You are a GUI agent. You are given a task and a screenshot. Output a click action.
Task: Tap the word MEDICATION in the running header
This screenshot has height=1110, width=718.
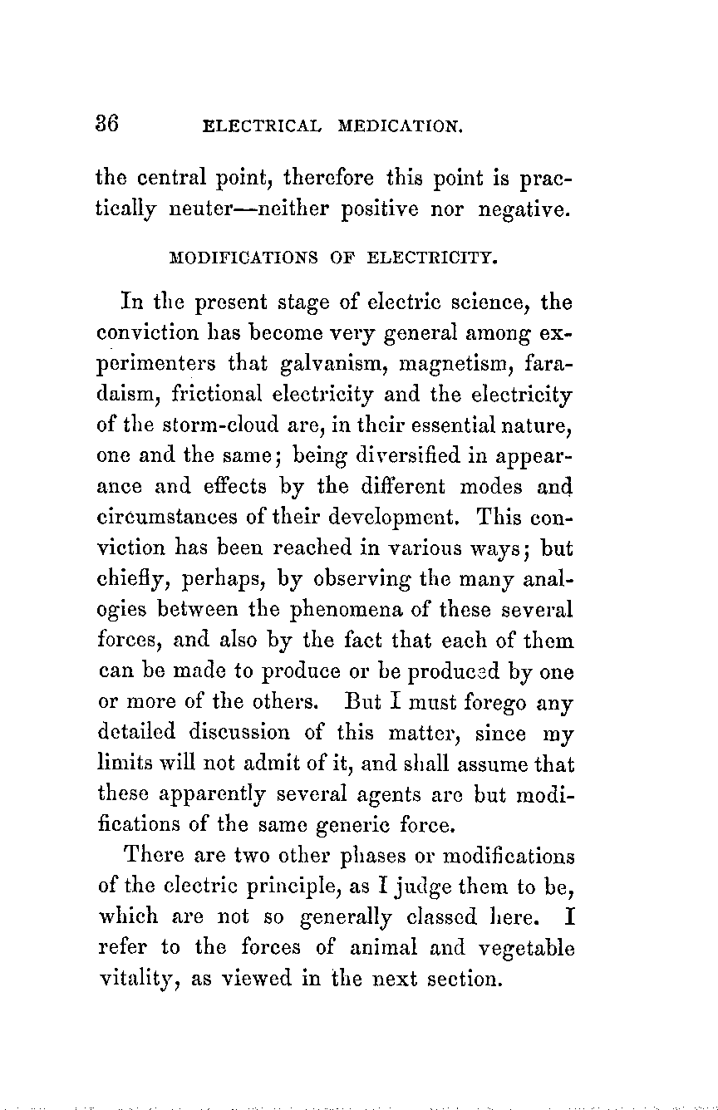pos(400,127)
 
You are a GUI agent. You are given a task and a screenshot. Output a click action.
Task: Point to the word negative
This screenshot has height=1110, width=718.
pos(524,210)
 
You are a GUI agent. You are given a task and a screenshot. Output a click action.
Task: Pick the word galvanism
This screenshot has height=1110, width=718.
pos(330,363)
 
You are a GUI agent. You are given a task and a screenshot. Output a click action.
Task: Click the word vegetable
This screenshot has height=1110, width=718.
pos(527,949)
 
